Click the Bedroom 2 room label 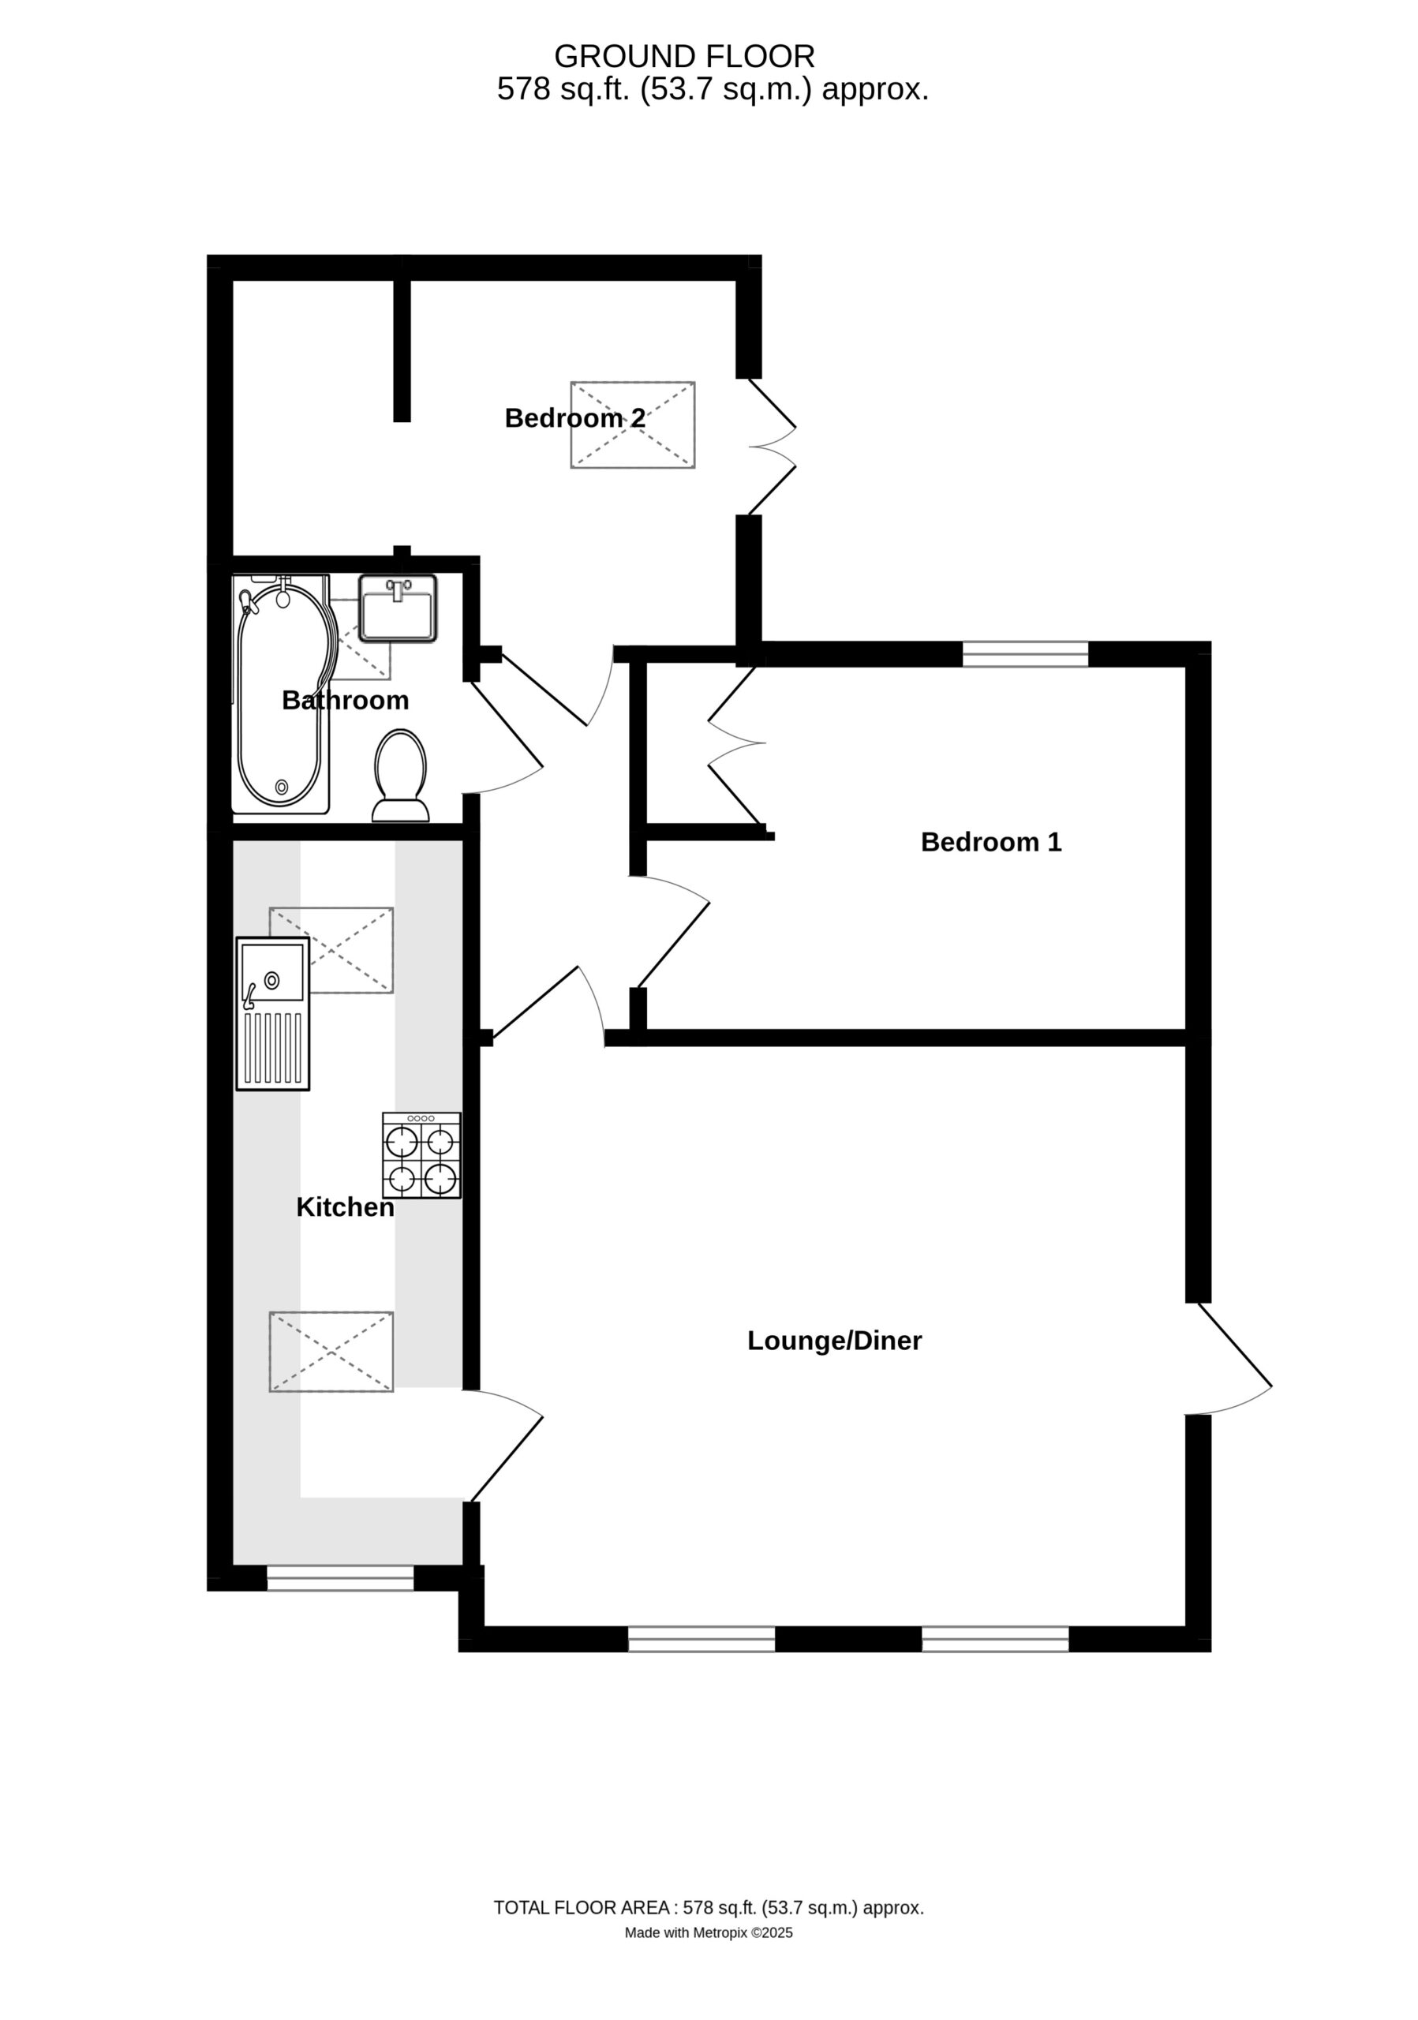click(574, 418)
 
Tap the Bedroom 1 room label click(990, 842)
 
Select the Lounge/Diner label click(834, 1341)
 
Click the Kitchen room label click(345, 1207)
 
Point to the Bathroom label click(345, 701)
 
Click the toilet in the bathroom click(400, 775)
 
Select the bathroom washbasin click(398, 608)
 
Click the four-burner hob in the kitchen click(421, 1155)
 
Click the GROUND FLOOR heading click(684, 56)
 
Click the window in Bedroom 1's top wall click(1025, 653)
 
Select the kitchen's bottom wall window click(339, 1578)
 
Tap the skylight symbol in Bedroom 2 click(633, 425)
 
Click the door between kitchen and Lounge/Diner click(503, 1446)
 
